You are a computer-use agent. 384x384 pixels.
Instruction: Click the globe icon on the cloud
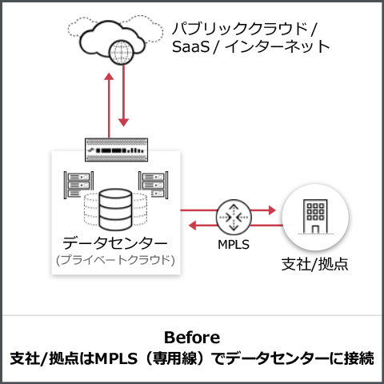pos(122,52)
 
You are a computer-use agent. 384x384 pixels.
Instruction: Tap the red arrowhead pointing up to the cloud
pos(109,76)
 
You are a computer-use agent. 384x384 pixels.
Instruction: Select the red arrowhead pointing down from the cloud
pos(123,122)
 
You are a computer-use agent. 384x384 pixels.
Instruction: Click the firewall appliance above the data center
pos(116,150)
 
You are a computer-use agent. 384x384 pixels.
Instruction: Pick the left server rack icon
pos(78,185)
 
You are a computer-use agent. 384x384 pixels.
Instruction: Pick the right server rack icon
pos(154,185)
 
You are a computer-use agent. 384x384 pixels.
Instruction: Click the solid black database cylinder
pos(115,210)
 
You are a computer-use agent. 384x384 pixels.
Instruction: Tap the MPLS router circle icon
pos(234,217)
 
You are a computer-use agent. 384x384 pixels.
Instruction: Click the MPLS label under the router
pos(234,245)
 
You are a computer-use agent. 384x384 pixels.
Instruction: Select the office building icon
pos(316,217)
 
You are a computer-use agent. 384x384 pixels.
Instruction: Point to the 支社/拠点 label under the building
pos(315,265)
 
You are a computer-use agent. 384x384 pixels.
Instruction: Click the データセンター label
pos(115,243)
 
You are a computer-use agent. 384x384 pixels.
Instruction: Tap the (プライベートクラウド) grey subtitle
pos(115,260)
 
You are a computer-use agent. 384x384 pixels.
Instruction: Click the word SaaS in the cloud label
pos(191,46)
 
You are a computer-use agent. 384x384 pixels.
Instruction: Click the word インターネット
pos(278,46)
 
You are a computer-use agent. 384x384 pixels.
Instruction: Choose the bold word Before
pos(192,338)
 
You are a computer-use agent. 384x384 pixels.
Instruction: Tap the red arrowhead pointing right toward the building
pos(272,210)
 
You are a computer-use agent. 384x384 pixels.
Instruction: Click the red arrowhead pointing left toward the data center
pos(192,226)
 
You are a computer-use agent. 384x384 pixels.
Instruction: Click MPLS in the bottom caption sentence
pos(116,358)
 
